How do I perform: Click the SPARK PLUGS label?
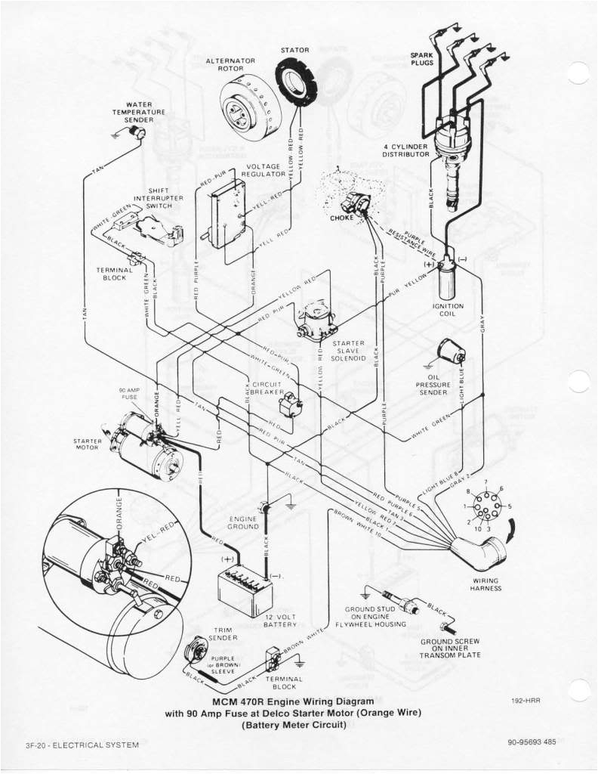(x=421, y=60)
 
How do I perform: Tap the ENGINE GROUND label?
(x=243, y=523)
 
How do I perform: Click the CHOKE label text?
(x=341, y=218)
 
